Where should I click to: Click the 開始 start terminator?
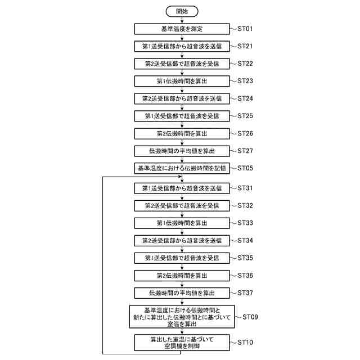tap(181, 11)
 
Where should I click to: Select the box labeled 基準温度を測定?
tap(181, 28)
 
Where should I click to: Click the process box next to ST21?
tap(181, 46)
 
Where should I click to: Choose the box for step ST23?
tap(181, 81)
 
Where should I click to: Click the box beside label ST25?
tap(181, 116)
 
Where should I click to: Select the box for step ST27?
tap(181, 151)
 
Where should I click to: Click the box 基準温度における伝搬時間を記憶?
tap(181, 168)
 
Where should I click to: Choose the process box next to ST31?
tap(181, 188)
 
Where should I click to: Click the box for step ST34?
tap(181, 240)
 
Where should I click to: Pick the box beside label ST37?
tap(181, 293)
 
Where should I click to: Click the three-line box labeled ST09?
tap(181, 317)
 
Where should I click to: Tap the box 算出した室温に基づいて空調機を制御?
tap(181, 342)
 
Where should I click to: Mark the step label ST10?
tap(246, 342)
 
